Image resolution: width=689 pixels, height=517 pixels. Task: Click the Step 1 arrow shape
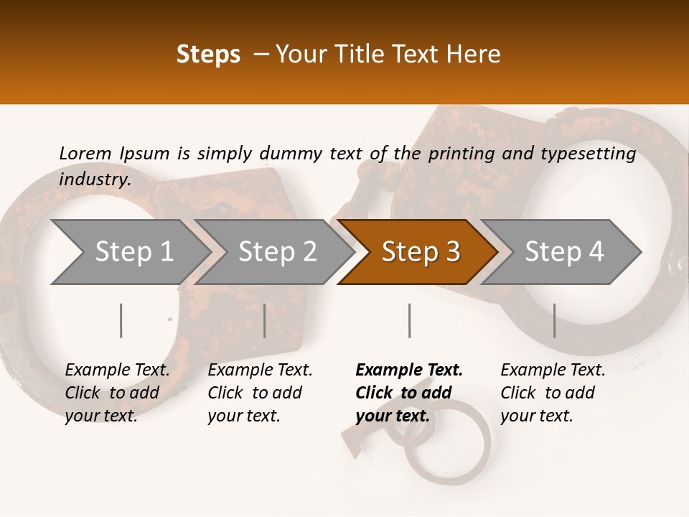pyautogui.click(x=129, y=252)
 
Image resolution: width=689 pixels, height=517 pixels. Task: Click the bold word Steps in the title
pyautogui.click(x=208, y=54)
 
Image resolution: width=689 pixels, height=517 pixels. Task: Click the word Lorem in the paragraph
pyautogui.click(x=85, y=153)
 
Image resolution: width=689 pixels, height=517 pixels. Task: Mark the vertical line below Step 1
pyautogui.click(x=121, y=320)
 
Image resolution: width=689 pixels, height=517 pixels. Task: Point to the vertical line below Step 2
pyautogui.click(x=265, y=320)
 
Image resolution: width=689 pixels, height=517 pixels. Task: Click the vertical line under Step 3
pyautogui.click(x=409, y=320)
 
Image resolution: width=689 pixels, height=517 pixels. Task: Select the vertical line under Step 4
pyautogui.click(x=554, y=320)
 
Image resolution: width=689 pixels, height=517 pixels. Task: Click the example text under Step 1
pyautogui.click(x=117, y=393)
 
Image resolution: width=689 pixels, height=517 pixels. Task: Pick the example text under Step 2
pyautogui.click(x=260, y=393)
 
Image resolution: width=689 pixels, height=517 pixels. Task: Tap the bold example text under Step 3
pyautogui.click(x=408, y=393)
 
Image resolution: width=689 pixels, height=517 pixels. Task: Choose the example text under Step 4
pyautogui.click(x=553, y=393)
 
